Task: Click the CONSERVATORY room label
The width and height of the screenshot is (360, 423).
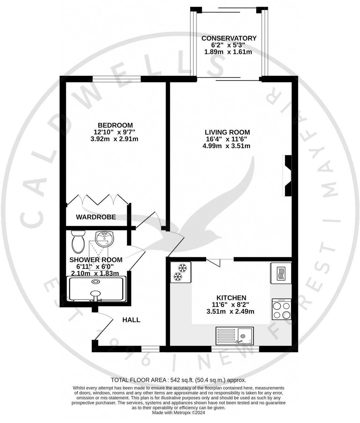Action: click(229, 38)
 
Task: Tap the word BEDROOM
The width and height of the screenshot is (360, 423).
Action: click(115, 125)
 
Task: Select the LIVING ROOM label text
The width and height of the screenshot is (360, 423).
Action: click(227, 132)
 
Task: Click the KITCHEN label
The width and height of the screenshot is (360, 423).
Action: click(231, 298)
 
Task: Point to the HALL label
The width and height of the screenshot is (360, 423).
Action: click(131, 320)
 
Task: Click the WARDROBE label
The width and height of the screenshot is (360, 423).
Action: click(96, 217)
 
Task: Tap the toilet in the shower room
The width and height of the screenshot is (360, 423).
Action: click(78, 242)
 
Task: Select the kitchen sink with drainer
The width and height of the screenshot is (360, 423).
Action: click(234, 336)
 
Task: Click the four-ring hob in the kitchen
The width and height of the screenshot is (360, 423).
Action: click(281, 309)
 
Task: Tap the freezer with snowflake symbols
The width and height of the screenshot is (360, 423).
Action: click(181, 273)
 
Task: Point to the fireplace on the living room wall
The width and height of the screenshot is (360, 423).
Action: click(288, 176)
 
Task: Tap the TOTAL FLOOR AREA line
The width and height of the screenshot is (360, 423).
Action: click(178, 380)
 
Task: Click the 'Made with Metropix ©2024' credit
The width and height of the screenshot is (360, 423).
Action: click(178, 413)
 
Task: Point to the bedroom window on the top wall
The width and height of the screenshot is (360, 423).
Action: click(117, 79)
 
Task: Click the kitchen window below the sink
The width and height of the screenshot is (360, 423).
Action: click(235, 349)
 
